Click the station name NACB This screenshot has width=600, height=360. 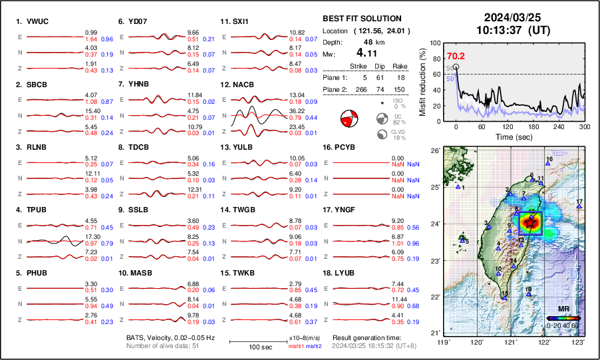241,85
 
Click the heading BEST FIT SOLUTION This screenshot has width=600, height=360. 362,19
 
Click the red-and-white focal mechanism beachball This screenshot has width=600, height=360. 349,119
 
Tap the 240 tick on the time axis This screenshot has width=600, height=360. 559,127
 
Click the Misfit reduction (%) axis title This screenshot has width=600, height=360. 422,82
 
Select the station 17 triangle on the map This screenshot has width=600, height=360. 579,207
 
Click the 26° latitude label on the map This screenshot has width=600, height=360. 433,151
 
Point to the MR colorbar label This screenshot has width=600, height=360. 563,309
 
